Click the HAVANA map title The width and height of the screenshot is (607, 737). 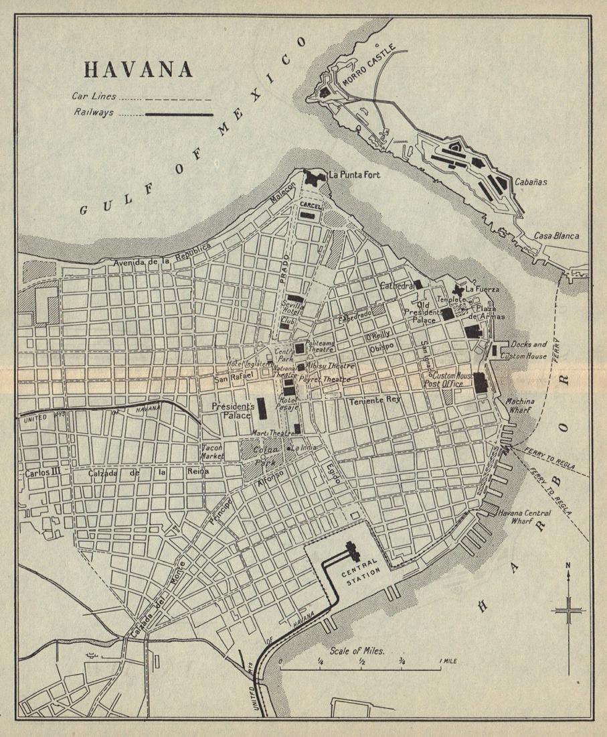(x=138, y=70)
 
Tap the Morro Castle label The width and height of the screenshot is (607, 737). (x=369, y=67)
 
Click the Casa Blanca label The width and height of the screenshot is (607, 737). (x=556, y=236)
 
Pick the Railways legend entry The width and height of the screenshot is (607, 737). (x=94, y=113)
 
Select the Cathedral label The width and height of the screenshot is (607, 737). (x=396, y=286)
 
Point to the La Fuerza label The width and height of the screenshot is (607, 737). (x=482, y=289)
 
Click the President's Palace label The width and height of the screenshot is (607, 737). (x=233, y=411)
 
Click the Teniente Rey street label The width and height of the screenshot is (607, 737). (x=374, y=400)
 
